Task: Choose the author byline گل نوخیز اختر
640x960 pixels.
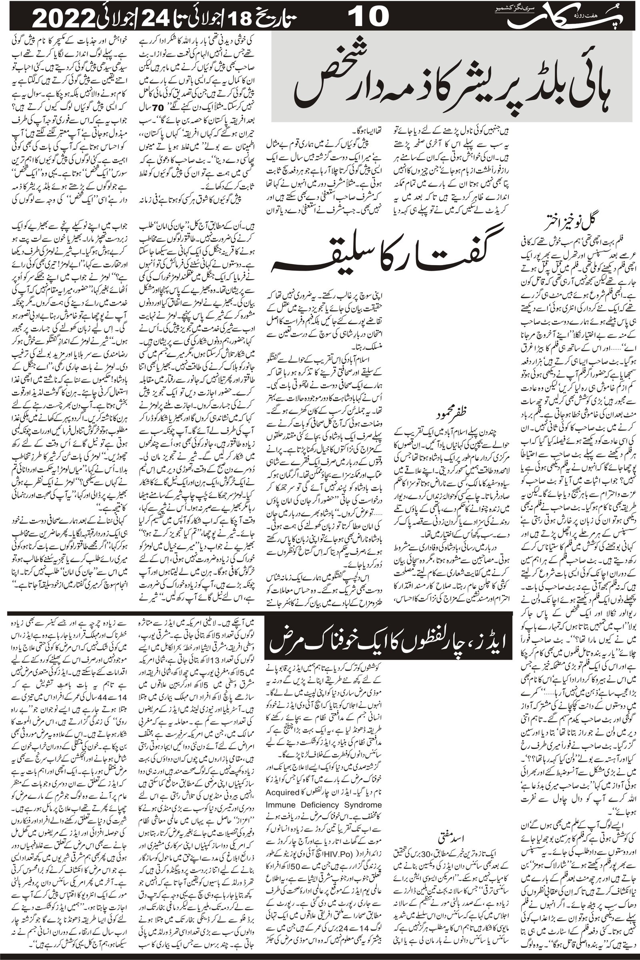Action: point(571,225)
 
